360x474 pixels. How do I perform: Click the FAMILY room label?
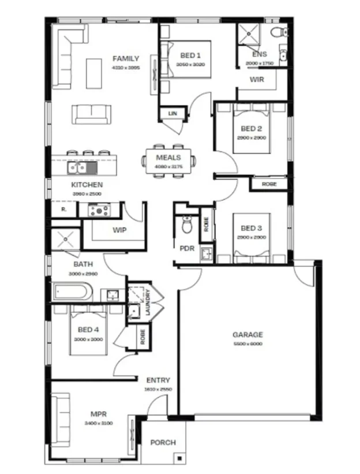coord(126,58)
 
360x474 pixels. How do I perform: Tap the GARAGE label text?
coord(247,334)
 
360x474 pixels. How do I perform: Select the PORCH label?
coord(163,443)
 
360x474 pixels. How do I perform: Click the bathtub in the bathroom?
coord(72,292)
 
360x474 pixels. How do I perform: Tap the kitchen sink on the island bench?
coord(76,167)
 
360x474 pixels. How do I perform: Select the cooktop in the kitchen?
coord(99,210)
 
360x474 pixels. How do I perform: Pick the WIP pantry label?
coord(119,230)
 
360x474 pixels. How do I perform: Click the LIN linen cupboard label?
coord(172,114)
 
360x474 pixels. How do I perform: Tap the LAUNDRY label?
coord(148,301)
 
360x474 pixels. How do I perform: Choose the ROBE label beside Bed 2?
coord(269,184)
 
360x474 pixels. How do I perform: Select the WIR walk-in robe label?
coord(257,80)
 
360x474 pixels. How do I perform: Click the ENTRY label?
coord(158,380)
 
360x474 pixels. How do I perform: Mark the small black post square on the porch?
coord(181,458)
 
